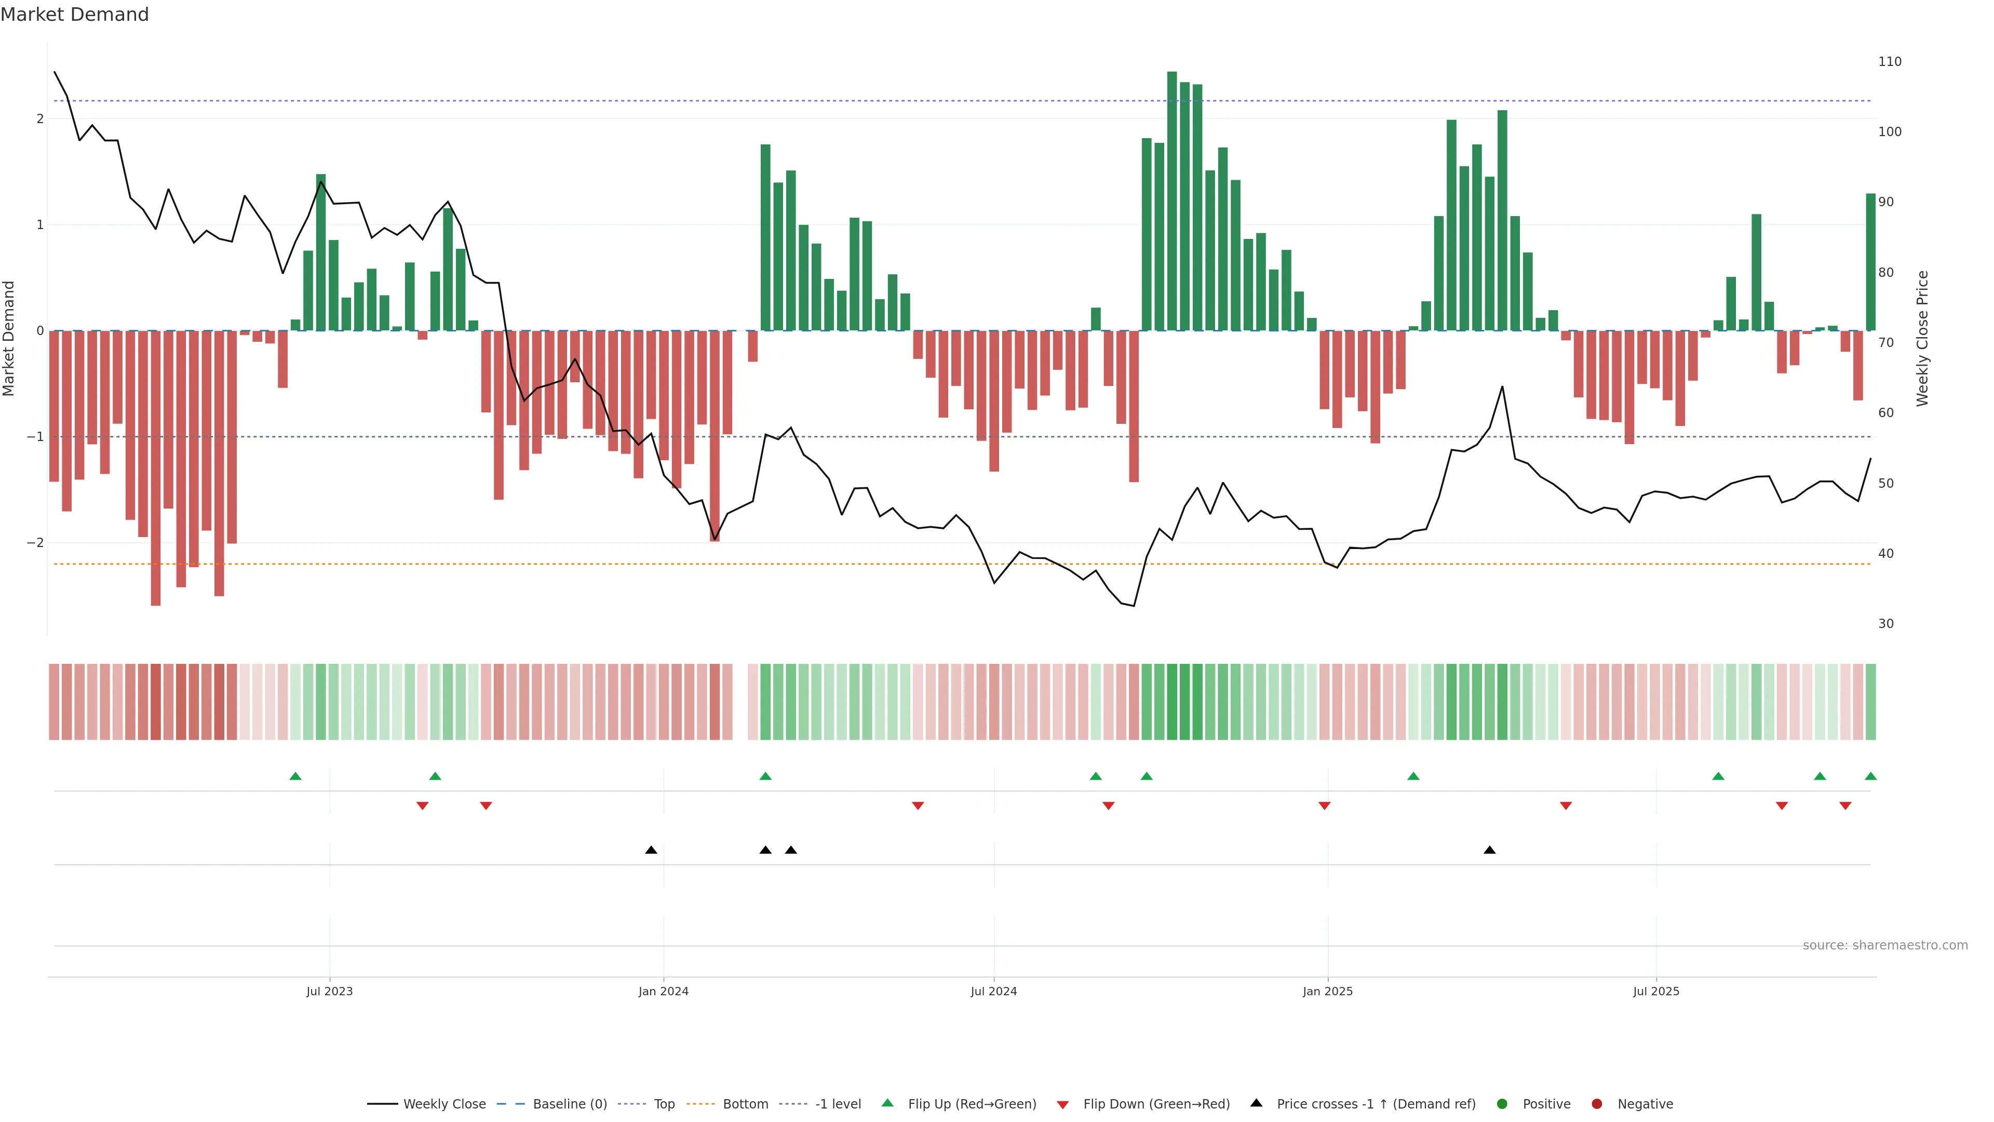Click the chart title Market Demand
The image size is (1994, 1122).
tap(74, 15)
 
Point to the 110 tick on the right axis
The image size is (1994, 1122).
tap(1890, 62)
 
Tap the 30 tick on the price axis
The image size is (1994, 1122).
tap(1885, 623)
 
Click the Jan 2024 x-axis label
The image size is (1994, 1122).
tap(664, 991)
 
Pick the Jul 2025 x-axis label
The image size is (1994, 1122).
tap(1656, 991)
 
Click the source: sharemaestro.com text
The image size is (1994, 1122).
tap(1885, 945)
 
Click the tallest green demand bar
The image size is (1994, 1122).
tap(1172, 202)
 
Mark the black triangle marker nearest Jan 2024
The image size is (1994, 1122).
tap(651, 850)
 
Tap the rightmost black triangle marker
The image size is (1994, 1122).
tap(1489, 850)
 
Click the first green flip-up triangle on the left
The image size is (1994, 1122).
tap(295, 777)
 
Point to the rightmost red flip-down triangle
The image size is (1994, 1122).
tap(1845, 806)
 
